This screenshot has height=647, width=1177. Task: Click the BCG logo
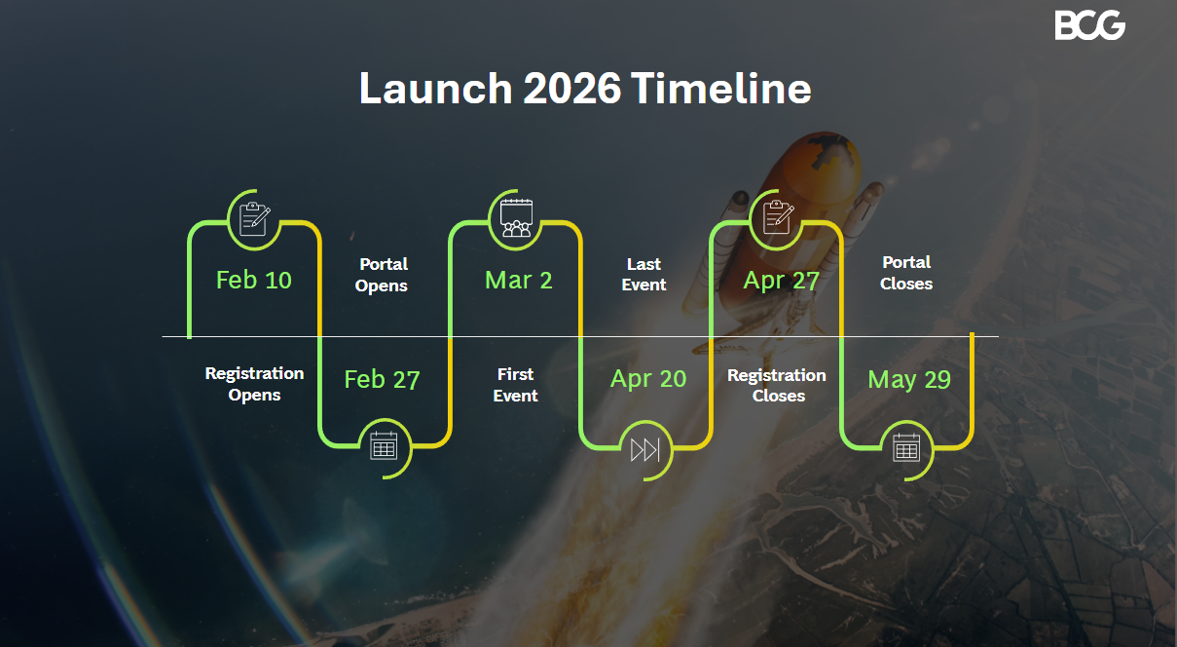pyautogui.click(x=1089, y=24)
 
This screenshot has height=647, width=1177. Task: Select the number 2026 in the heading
pyautogui.click(x=571, y=89)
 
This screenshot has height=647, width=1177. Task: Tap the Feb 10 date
pyautogui.click(x=254, y=281)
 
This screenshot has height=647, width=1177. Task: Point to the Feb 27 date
pyautogui.click(x=382, y=380)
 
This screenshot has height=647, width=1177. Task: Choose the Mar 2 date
pyautogui.click(x=518, y=281)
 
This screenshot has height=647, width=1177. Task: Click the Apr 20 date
pyautogui.click(x=648, y=380)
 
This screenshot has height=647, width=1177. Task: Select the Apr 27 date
pyautogui.click(x=781, y=281)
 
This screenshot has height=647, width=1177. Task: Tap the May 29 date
pyautogui.click(x=909, y=380)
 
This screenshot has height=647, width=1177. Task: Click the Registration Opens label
pyautogui.click(x=254, y=384)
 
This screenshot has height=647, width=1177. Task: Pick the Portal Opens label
pyautogui.click(x=382, y=275)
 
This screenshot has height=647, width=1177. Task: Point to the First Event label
pyautogui.click(x=515, y=385)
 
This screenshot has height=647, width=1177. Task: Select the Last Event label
pyautogui.click(x=644, y=275)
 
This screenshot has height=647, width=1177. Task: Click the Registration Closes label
pyautogui.click(x=777, y=385)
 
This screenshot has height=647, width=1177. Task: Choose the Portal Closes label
pyautogui.click(x=906, y=273)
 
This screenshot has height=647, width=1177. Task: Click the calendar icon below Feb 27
pyautogui.click(x=384, y=447)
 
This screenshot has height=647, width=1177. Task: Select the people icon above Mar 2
pyautogui.click(x=515, y=217)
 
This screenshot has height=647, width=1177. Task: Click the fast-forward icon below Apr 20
pyautogui.click(x=644, y=449)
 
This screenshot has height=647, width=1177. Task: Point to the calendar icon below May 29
pyautogui.click(x=906, y=447)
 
